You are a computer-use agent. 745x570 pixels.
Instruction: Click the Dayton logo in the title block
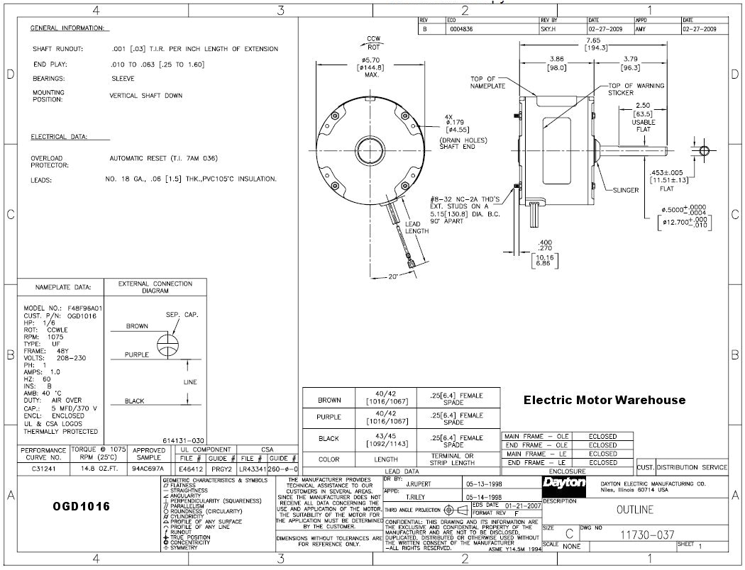point(563,483)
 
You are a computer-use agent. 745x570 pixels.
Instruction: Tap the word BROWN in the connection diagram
point(137,326)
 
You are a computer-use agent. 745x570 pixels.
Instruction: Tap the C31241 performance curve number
point(43,469)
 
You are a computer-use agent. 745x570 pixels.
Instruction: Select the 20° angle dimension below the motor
point(394,277)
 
